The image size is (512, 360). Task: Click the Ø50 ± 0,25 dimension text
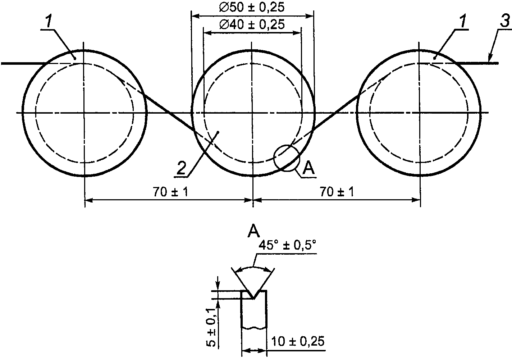252,7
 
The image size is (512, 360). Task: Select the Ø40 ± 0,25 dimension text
252,24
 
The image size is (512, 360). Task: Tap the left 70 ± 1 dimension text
170,192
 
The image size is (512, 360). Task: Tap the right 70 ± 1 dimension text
337,192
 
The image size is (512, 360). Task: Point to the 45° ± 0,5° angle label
287,246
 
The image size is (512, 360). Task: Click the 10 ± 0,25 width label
298,342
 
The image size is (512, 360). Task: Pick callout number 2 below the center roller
181,168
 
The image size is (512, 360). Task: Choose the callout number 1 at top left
49,21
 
